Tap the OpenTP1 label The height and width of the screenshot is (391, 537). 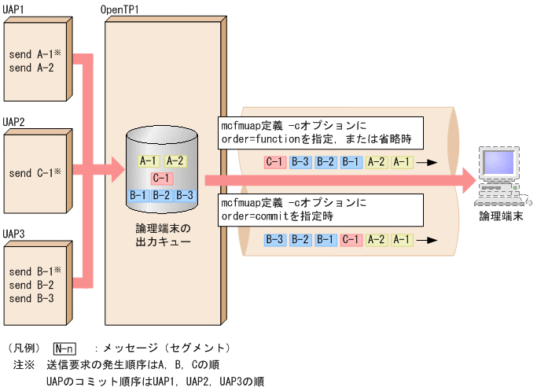point(120,9)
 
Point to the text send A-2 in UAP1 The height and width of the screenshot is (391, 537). point(31,68)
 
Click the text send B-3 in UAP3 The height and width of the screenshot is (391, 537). point(31,299)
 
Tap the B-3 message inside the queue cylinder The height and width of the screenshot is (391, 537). point(185,194)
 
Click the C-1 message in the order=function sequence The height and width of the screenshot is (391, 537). point(274,162)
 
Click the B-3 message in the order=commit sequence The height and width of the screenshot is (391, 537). point(274,238)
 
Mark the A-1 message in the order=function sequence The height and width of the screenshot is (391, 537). point(402,162)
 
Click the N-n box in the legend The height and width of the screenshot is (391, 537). point(65,348)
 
